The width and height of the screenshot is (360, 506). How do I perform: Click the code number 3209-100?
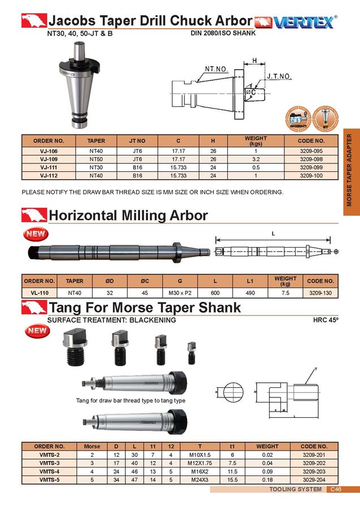point(311,176)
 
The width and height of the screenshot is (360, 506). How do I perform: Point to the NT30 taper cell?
point(96,168)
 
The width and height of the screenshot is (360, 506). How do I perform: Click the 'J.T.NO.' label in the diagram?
point(279,76)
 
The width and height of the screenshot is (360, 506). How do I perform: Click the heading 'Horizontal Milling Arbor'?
point(128,215)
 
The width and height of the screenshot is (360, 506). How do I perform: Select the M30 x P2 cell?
point(180,292)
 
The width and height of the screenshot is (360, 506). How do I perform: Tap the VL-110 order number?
point(40,292)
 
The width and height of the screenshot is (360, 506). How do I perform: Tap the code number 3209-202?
point(314,463)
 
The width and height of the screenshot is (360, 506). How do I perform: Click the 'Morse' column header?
point(92,446)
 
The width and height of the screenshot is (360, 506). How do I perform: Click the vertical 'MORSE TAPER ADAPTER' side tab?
point(350,169)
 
